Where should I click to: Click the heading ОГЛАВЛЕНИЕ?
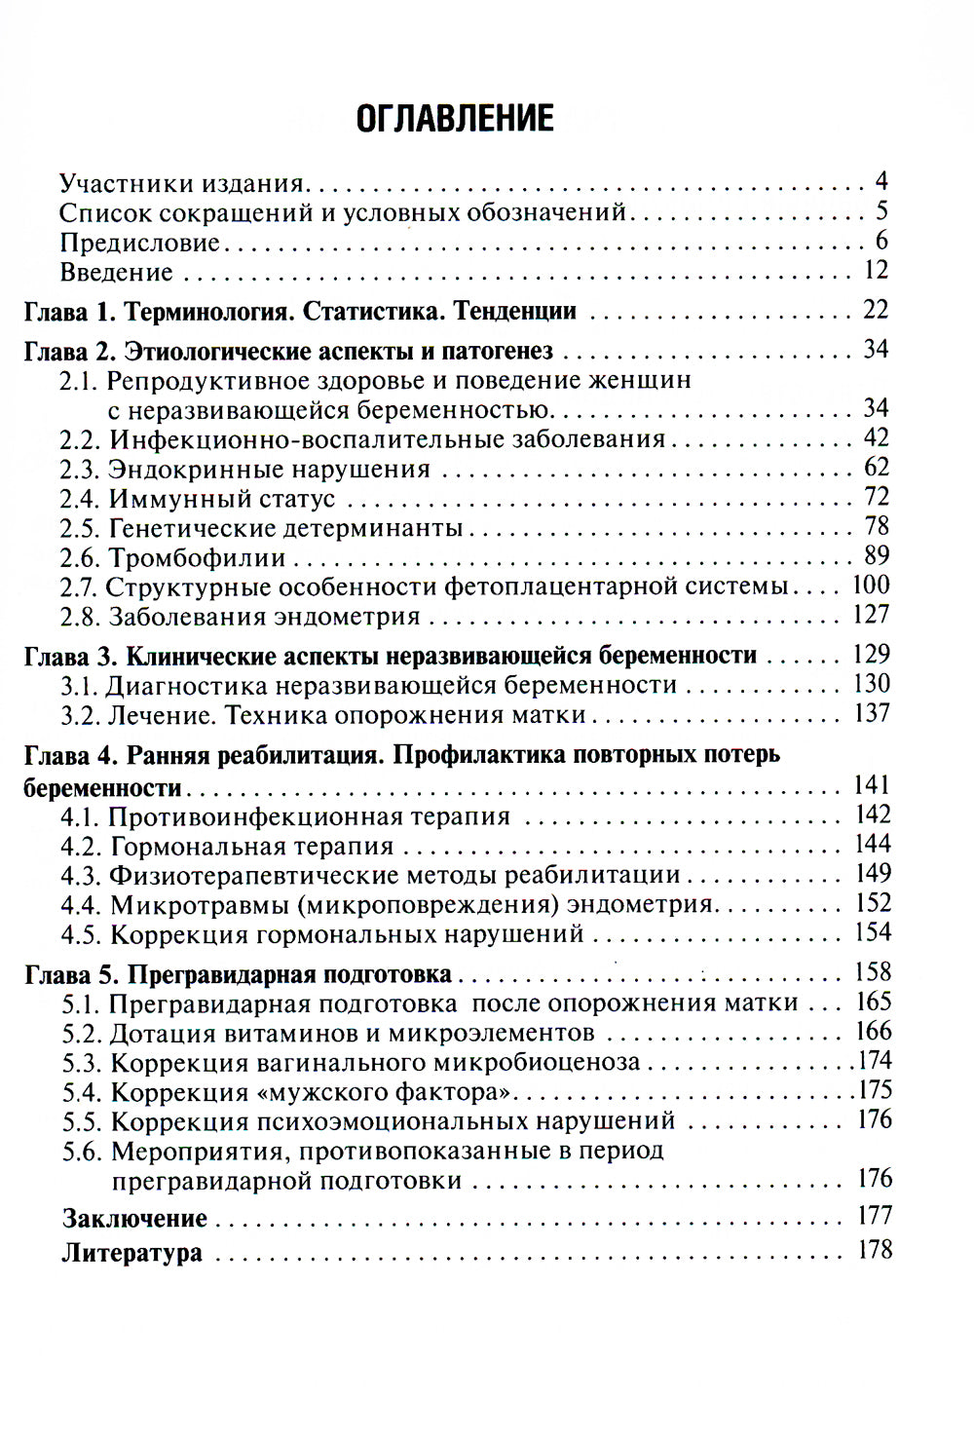[x=455, y=118]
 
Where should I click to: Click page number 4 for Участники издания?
[x=880, y=181]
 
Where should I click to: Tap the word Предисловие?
[x=139, y=242]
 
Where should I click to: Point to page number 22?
[x=876, y=310]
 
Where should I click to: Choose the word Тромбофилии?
[x=197, y=558]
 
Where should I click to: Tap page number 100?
[x=870, y=585]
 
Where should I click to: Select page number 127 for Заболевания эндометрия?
[x=870, y=614]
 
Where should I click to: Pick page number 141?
[x=870, y=784]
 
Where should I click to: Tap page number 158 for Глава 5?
[x=870, y=971]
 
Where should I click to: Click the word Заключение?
[x=134, y=1218]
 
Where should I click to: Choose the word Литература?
[x=131, y=1253]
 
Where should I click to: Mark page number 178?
[x=874, y=1250]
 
